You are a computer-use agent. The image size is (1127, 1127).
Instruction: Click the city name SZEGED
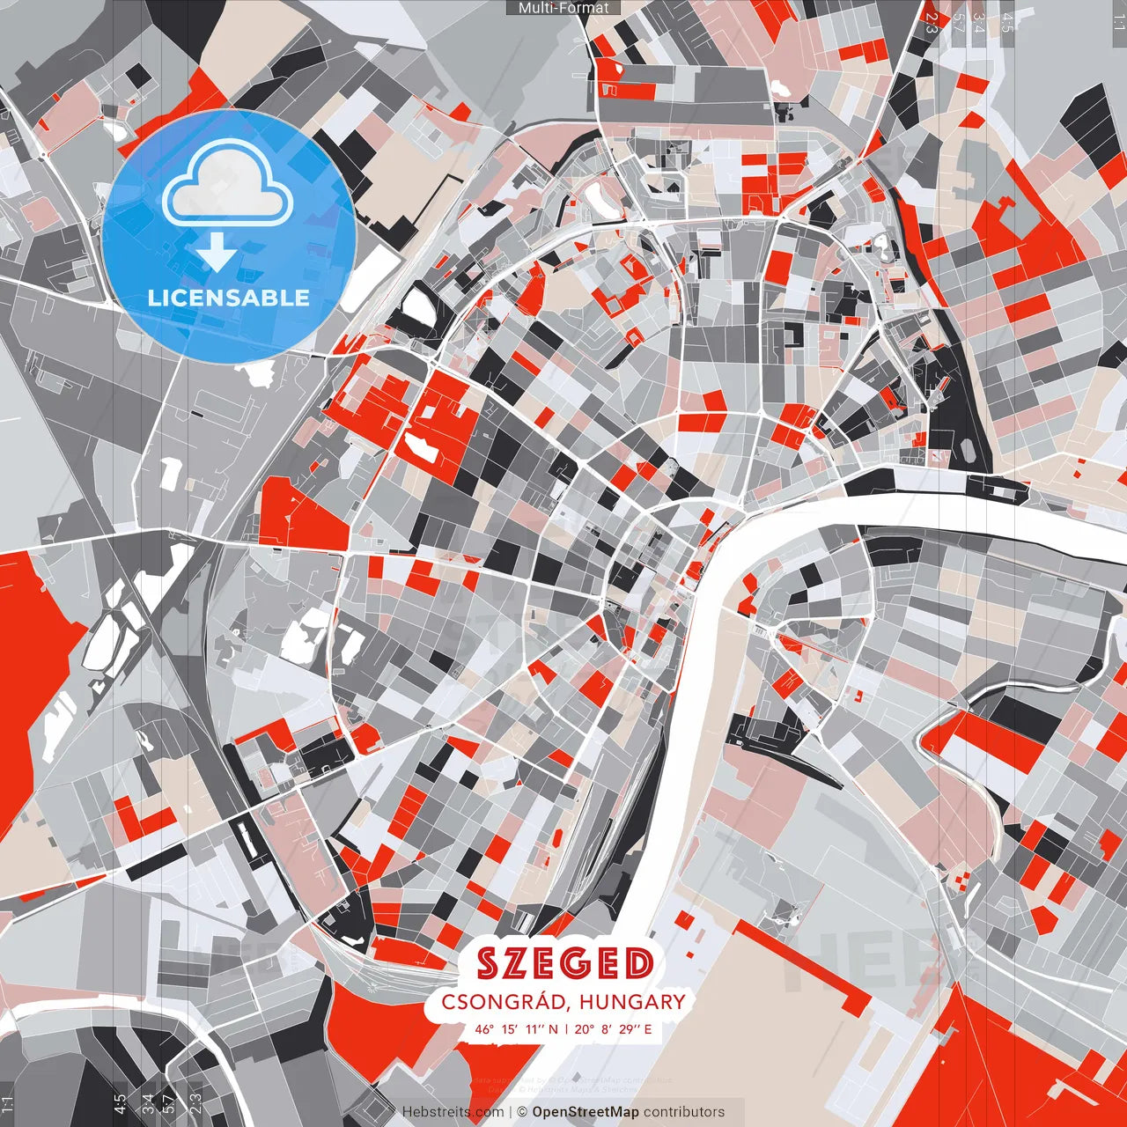pos(564,964)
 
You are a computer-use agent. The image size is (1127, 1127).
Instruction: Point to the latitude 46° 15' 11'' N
pos(517,1028)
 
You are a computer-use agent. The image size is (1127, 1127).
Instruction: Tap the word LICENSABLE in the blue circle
pos(229,298)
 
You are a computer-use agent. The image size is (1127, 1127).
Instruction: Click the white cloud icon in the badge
pos(228,181)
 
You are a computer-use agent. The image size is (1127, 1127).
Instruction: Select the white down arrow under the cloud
pos(217,253)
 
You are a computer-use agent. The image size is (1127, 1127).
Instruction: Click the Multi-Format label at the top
pos(563,8)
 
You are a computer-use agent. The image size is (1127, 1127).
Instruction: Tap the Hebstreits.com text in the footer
pos(453,1112)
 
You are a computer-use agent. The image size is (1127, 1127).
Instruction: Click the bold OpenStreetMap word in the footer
pos(586,1112)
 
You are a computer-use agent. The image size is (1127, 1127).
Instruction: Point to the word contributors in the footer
pos(684,1112)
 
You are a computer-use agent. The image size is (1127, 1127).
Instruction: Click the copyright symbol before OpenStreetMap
pos(522,1112)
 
